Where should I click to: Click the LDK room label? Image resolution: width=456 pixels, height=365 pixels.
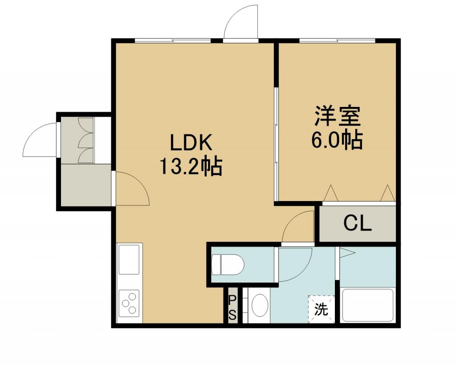coord(191,143)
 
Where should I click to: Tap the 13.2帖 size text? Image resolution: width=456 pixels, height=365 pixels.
coord(191,166)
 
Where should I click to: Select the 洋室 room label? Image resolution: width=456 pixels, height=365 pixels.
coord(337,116)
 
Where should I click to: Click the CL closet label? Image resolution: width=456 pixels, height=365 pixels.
coord(358,224)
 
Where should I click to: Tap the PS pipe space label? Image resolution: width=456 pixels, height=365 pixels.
coord(232,307)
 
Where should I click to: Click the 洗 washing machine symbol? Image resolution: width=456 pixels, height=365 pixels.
coord(322,309)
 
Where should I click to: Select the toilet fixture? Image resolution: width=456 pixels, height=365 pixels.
coord(228,264)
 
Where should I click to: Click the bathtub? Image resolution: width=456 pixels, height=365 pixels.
coord(368,305)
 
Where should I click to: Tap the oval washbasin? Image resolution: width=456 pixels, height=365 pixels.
coord(260,305)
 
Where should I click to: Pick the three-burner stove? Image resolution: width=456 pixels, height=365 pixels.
coord(129,303)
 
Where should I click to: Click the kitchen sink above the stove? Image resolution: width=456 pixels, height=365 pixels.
coord(129,259)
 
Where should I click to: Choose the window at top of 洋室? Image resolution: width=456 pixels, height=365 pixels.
coord(337,41)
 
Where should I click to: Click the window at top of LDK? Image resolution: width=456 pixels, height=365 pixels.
coord(173,41)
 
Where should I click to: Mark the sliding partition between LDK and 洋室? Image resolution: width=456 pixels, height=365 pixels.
coord(276,143)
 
